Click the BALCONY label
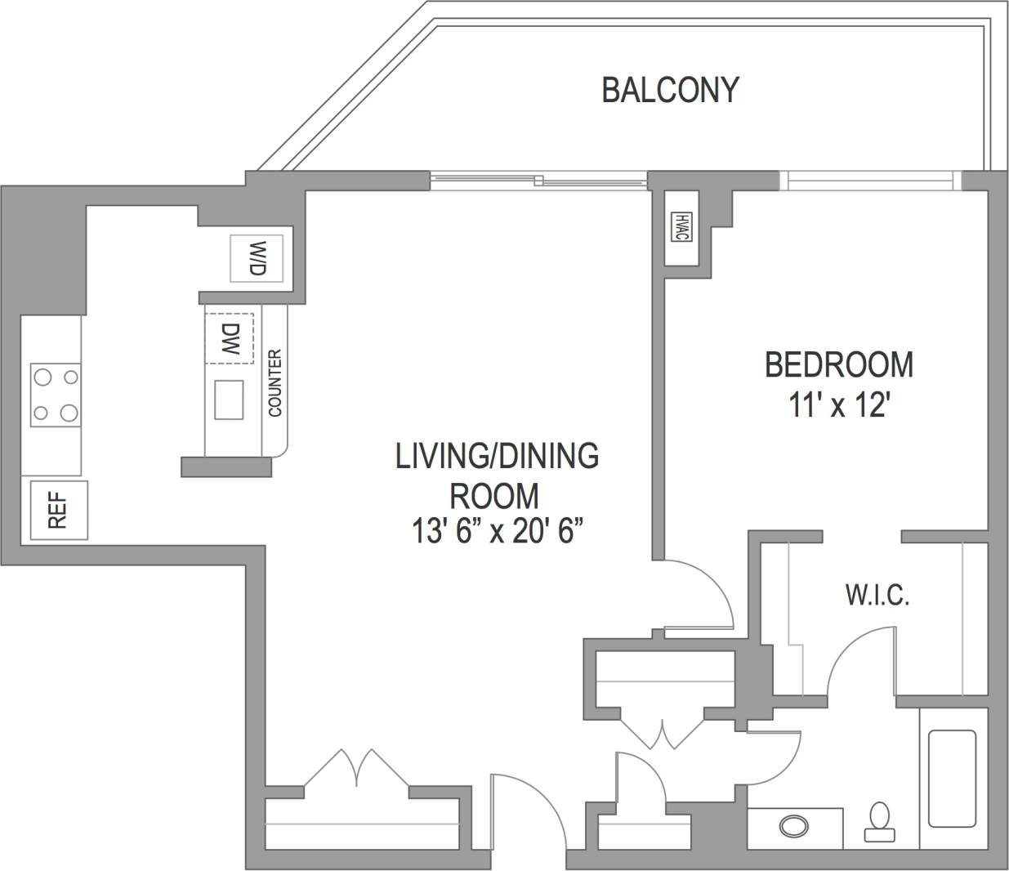(x=670, y=89)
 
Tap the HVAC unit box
(x=681, y=227)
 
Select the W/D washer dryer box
(x=257, y=258)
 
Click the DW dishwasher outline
(x=230, y=337)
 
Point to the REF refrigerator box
(x=58, y=511)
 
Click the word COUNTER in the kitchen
(x=275, y=383)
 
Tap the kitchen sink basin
(x=229, y=400)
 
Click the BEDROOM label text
(x=838, y=364)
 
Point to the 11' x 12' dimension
(x=838, y=404)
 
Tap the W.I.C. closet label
(x=877, y=595)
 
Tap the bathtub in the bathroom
(x=952, y=778)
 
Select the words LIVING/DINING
(x=497, y=456)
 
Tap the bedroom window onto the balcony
(x=870, y=180)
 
